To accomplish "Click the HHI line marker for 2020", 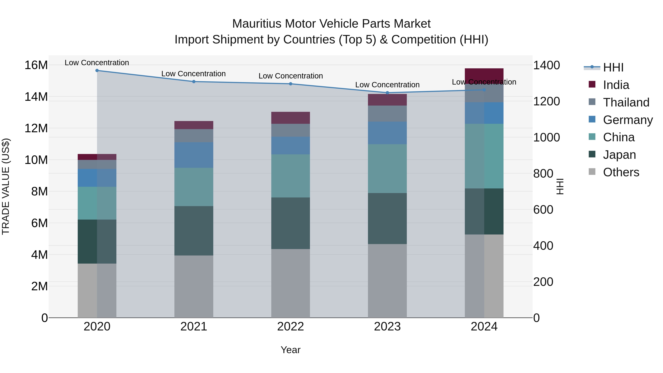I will [x=97, y=71].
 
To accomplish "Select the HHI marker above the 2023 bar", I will [x=387, y=93].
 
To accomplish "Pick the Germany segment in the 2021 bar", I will [x=194, y=155].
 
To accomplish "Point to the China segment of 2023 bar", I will [x=387, y=169].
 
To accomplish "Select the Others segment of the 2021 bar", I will [x=194, y=286].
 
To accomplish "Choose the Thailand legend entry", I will [x=626, y=102].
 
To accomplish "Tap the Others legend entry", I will [x=621, y=172].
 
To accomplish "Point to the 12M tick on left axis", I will [x=36, y=128].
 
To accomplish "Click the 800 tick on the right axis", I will [x=543, y=174].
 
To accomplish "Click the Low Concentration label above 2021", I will [x=194, y=74].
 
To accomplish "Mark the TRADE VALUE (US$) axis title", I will [x=6, y=186].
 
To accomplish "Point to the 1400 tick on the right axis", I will [x=546, y=65].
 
